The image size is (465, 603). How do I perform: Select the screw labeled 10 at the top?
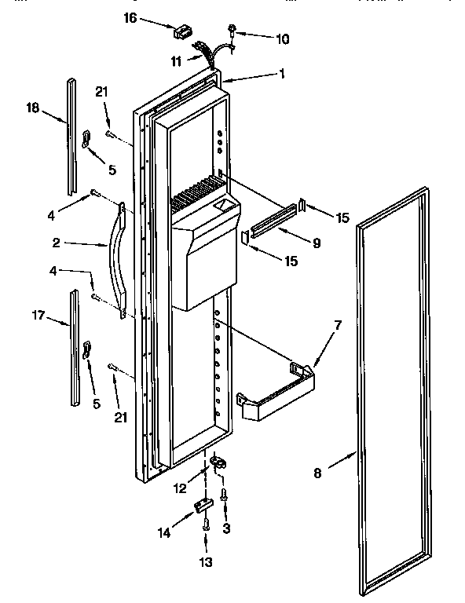(233, 31)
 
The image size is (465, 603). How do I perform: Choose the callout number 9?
(316, 243)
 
